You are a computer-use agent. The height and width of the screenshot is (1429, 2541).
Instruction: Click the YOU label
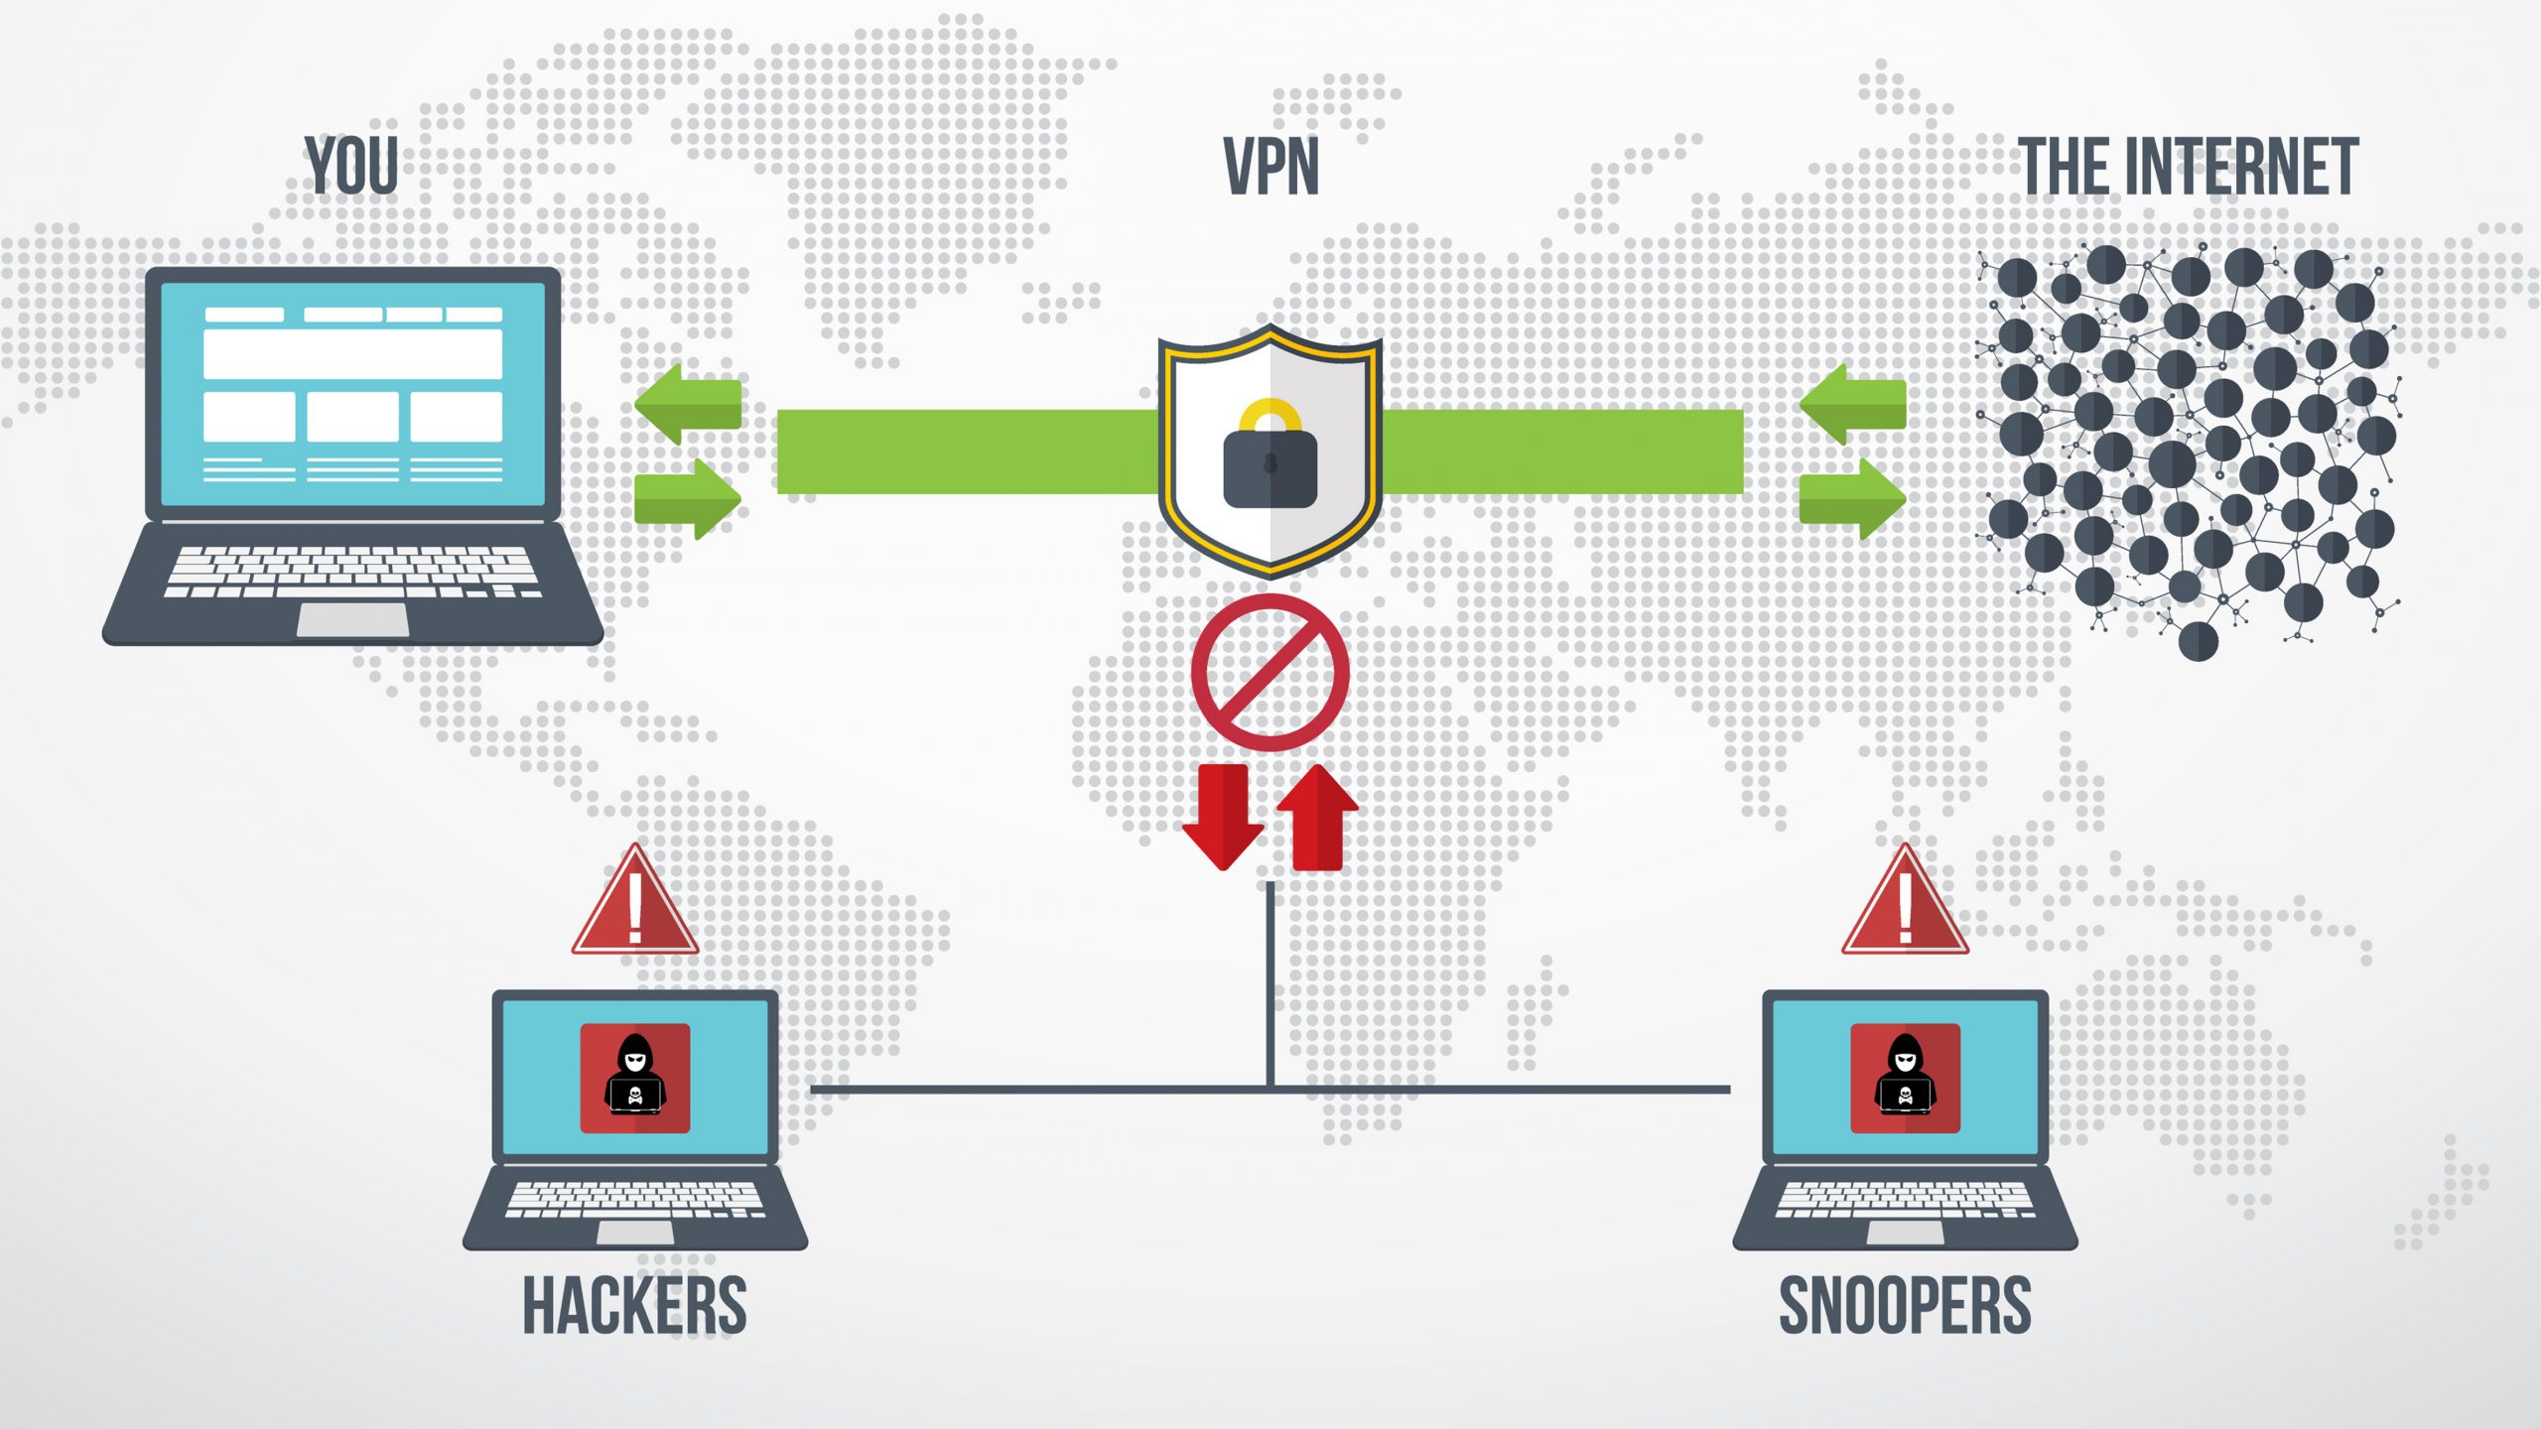point(351,166)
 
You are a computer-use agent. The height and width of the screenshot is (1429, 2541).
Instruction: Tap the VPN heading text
point(1270,167)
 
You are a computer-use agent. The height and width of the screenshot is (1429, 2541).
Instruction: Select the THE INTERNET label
point(2188,167)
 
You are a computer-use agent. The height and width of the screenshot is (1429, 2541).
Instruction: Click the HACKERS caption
point(634,1306)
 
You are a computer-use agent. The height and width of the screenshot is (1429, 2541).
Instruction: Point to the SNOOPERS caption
point(1905,1306)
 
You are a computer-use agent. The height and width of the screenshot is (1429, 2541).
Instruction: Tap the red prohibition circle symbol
point(1270,673)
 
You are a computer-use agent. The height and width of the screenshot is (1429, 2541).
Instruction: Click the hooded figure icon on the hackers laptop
point(635,1078)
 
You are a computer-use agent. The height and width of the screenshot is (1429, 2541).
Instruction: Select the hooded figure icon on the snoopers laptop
point(1905,1078)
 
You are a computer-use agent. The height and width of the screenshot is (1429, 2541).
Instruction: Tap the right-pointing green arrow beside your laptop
point(689,498)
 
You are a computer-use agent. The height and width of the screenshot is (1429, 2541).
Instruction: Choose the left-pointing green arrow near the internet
point(1852,403)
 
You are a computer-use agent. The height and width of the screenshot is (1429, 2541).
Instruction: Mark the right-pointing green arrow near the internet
point(1854,498)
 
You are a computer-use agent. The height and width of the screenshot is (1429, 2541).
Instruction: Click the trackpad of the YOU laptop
point(352,619)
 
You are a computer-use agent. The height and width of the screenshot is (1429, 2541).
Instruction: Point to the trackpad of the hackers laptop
point(635,1233)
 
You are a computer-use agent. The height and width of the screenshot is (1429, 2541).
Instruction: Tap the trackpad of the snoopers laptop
point(1905,1233)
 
